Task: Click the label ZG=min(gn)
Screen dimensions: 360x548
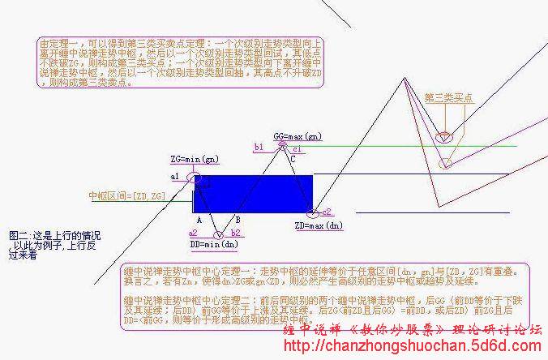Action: point(192,158)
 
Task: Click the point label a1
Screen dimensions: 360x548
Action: point(175,176)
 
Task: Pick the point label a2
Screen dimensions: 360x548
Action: point(193,232)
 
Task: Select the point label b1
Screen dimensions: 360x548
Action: point(259,148)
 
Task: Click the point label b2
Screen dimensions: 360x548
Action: point(235,233)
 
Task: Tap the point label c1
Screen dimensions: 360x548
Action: point(298,149)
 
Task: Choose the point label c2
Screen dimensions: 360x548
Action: point(327,212)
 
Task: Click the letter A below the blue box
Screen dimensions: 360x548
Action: point(199,220)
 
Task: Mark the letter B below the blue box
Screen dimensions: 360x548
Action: point(238,220)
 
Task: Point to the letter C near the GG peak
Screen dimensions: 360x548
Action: point(292,161)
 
